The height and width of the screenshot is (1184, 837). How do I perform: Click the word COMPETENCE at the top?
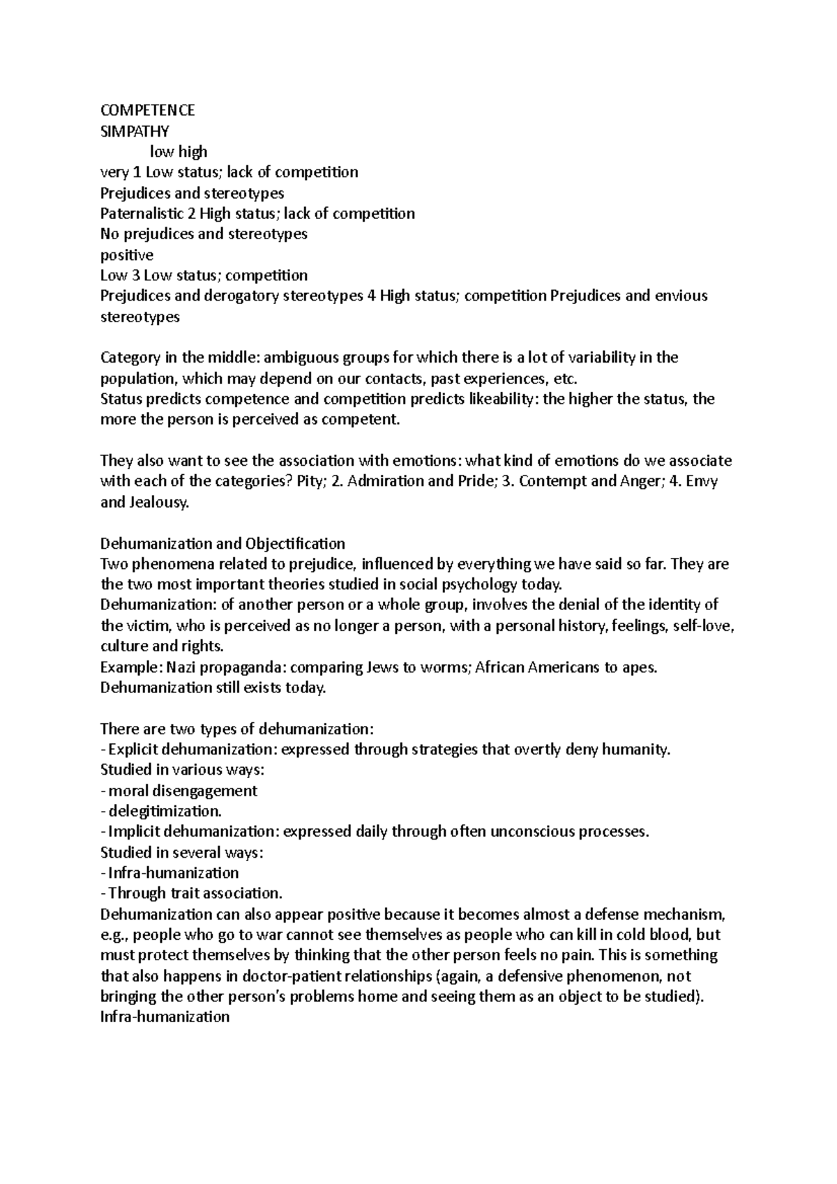point(147,110)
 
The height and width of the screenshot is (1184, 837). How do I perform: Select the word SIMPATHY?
point(135,131)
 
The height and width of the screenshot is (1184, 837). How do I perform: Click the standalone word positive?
point(127,255)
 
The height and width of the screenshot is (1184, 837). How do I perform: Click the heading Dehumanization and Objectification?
point(223,543)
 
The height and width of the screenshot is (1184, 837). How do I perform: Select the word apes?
point(639,667)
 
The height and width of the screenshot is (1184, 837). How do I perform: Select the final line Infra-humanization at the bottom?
point(165,1017)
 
